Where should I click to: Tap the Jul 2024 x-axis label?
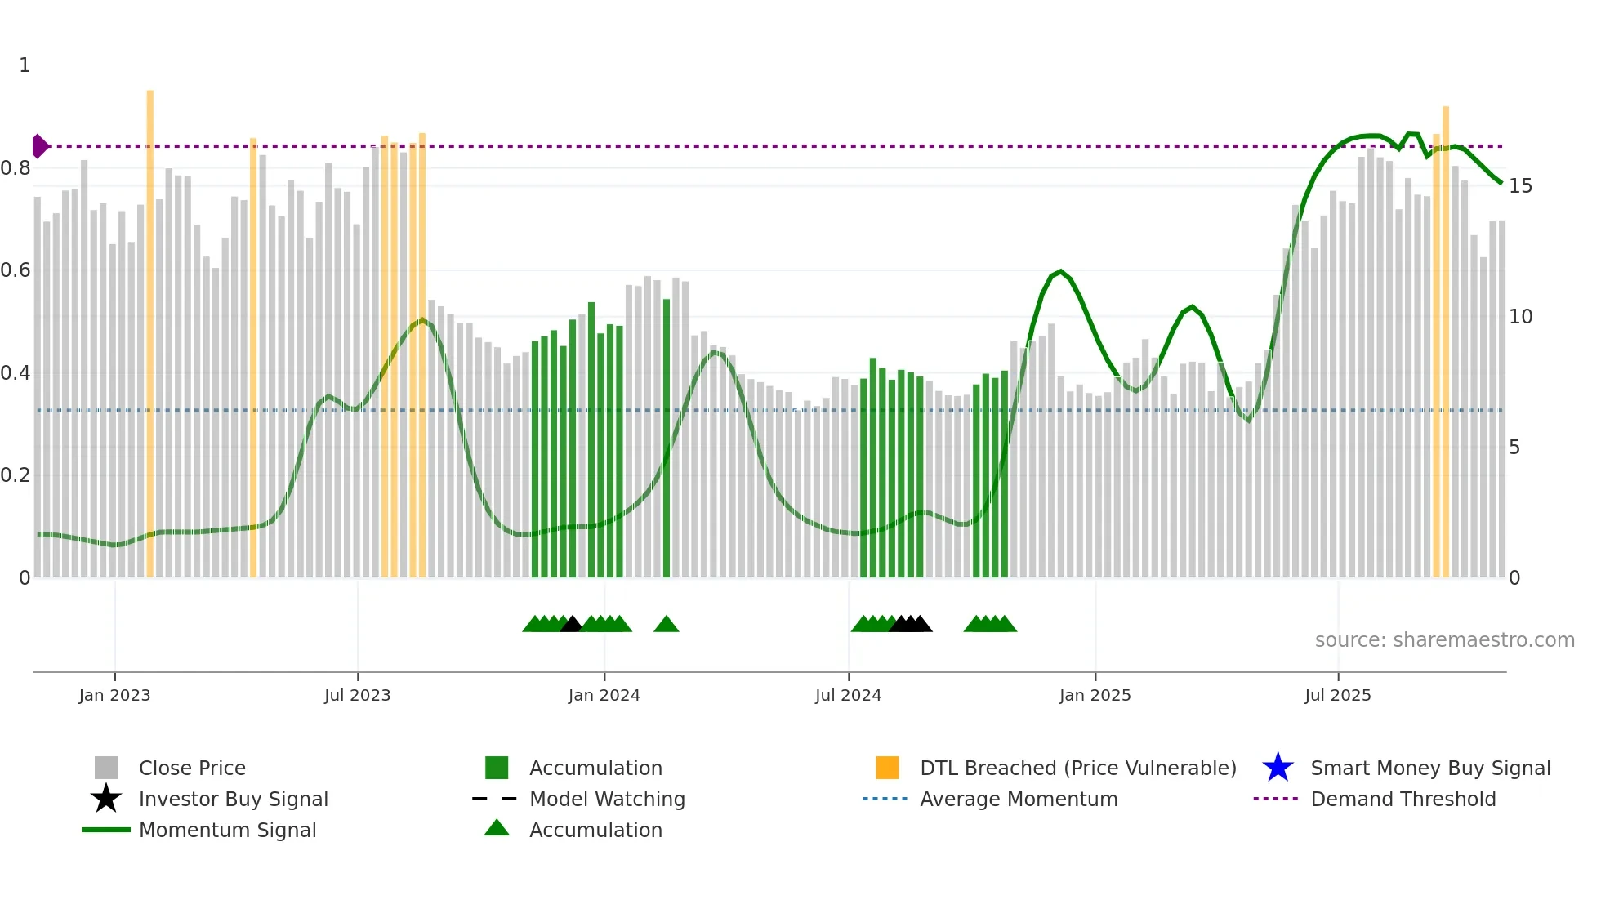(848, 696)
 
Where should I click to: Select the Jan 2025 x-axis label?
(1095, 696)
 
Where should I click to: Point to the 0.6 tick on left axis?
(16, 270)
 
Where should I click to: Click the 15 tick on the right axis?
(1520, 186)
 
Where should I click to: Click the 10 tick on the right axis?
(1520, 317)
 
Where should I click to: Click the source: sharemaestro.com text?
(1444, 640)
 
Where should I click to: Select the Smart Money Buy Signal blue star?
(1278, 768)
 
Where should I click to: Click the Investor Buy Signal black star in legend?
(106, 799)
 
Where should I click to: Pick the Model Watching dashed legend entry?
(495, 799)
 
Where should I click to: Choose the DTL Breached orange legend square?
(887, 768)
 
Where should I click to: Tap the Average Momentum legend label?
(1019, 799)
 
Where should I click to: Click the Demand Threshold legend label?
(1403, 799)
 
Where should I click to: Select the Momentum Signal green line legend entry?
(106, 830)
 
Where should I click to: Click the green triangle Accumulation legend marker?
(497, 829)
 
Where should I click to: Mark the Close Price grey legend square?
(106, 768)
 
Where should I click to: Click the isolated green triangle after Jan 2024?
(667, 625)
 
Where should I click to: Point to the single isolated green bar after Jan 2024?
(667, 441)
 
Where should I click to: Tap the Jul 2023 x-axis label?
(357, 696)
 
